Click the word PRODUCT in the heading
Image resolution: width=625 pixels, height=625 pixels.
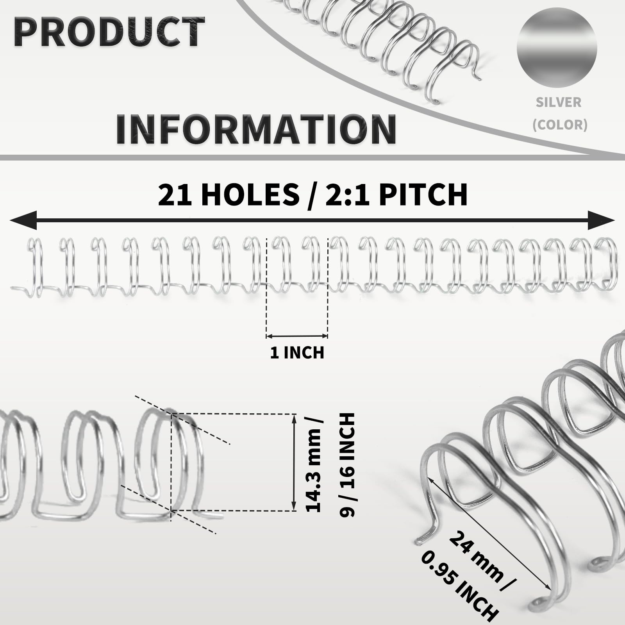[x=109, y=32]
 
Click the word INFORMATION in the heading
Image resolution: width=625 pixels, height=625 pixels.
[x=256, y=129]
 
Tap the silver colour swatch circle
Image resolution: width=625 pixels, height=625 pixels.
[x=557, y=47]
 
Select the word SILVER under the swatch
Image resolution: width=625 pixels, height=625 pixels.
[x=559, y=102]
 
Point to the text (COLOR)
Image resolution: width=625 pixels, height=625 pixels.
[x=560, y=125]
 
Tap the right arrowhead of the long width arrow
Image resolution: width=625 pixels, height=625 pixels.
[x=602, y=220]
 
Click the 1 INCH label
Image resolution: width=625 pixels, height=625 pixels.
[x=297, y=353]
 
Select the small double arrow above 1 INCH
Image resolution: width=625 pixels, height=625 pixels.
[x=297, y=336]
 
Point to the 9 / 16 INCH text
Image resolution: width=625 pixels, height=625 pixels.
[x=347, y=465]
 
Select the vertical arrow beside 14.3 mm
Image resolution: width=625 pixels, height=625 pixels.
[x=294, y=462]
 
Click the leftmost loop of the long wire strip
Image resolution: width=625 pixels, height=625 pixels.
[x=35, y=268]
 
